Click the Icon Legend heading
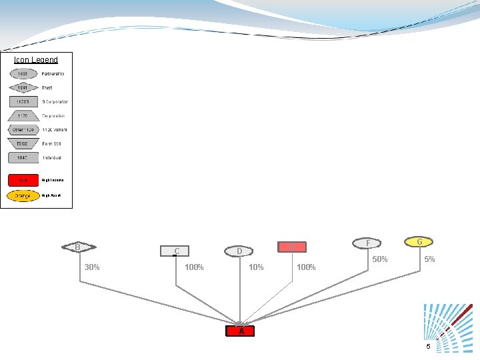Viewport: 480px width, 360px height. [36, 60]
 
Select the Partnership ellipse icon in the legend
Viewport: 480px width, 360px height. [23, 73]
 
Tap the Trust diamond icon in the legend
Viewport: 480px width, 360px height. [23, 87]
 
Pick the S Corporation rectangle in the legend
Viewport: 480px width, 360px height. [23, 101]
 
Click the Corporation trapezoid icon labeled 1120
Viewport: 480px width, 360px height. [23, 115]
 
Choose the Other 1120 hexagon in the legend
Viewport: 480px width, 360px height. [23, 129]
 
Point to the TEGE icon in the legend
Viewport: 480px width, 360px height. [23, 143]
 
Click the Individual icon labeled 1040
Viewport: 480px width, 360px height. [23, 158]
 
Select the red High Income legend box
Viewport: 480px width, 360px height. [23, 180]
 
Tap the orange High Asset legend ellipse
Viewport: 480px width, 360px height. [23, 196]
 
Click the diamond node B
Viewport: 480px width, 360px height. [78, 247]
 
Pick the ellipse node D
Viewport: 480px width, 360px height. [239, 251]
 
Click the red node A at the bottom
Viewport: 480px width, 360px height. [241, 331]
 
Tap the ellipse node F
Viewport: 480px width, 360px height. [369, 243]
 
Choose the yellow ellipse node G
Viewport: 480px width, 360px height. [419, 241]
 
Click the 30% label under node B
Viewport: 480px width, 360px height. [92, 267]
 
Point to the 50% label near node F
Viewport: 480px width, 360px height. [380, 259]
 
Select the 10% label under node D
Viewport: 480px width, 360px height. [256, 267]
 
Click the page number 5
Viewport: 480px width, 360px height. [429, 346]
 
